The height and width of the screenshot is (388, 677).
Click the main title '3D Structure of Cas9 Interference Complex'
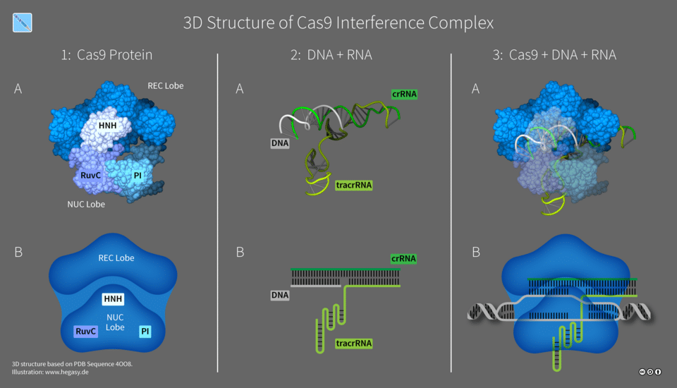(x=338, y=23)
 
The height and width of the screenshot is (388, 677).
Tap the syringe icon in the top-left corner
(x=23, y=23)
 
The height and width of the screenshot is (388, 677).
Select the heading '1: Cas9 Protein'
(x=106, y=54)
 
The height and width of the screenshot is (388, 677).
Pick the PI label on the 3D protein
(x=138, y=174)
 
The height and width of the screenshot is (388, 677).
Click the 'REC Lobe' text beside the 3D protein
(x=165, y=86)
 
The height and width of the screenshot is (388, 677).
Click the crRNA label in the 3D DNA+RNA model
(x=403, y=94)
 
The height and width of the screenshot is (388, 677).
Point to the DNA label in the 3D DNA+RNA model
(x=279, y=143)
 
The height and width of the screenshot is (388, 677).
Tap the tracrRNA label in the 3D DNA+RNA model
(x=353, y=186)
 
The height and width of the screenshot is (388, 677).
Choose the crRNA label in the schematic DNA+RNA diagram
(x=403, y=258)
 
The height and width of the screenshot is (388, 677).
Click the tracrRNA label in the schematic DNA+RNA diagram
(x=353, y=344)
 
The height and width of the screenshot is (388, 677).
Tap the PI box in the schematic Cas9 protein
(x=145, y=331)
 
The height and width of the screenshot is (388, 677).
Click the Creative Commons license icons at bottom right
(x=650, y=371)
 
